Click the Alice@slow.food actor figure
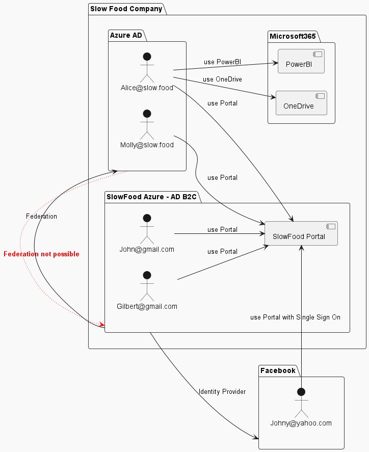tap(147, 67)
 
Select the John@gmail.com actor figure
tap(147, 229)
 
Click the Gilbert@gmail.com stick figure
tap(147, 286)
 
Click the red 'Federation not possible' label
tap(41, 254)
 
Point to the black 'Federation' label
tap(41, 217)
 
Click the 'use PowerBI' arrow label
tap(222, 62)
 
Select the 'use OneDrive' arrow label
tap(222, 79)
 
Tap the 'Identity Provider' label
tap(222, 392)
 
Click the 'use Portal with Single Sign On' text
tap(295, 317)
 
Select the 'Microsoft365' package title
tap(293, 36)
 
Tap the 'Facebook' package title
tap(278, 370)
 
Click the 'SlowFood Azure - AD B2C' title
tap(151, 197)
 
